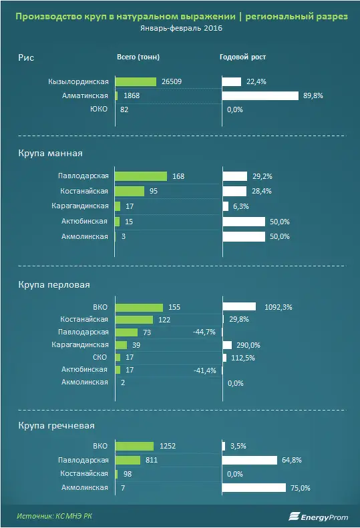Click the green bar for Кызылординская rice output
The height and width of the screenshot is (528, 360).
click(x=136, y=81)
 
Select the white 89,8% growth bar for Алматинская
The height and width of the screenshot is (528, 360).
click(x=260, y=95)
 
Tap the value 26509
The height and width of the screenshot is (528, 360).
click(x=172, y=81)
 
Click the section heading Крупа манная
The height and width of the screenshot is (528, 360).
click(x=50, y=154)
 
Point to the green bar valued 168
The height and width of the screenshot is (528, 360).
click(x=141, y=176)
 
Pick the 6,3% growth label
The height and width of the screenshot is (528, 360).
click(x=241, y=206)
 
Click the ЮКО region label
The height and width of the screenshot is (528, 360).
click(x=99, y=109)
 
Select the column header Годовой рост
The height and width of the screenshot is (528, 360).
click(x=242, y=57)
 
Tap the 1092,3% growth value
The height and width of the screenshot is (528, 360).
click(x=279, y=307)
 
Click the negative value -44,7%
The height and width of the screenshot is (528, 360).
click(x=204, y=332)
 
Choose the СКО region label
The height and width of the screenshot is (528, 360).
click(x=100, y=357)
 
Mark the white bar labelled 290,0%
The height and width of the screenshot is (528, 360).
click(x=227, y=345)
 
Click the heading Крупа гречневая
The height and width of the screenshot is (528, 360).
click(x=56, y=426)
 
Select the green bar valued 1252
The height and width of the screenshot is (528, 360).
click(x=134, y=446)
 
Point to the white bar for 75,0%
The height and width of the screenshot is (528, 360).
click(x=254, y=487)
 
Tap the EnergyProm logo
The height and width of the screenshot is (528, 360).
click(x=318, y=517)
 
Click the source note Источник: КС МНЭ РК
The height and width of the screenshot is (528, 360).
click(x=54, y=516)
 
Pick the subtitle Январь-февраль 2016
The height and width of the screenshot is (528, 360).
click(x=182, y=28)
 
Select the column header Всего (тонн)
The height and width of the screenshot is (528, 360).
click(x=138, y=57)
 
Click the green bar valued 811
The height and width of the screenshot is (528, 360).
click(x=128, y=460)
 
